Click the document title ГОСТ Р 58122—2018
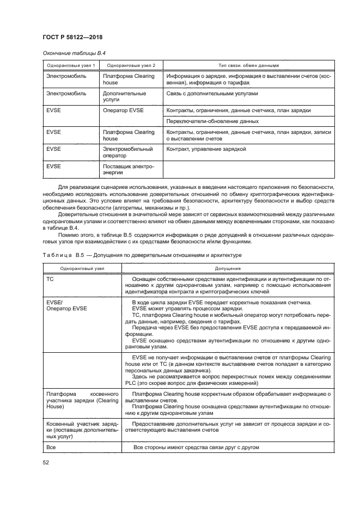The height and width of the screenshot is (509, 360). tap(72, 37)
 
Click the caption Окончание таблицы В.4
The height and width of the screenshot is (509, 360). tap(70, 54)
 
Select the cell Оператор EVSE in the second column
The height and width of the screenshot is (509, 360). tap(123, 111)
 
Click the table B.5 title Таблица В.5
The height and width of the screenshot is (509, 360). tap(60, 255)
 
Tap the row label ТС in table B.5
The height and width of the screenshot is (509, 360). tap(51, 278)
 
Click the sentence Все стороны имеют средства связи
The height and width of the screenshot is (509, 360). tap(196, 447)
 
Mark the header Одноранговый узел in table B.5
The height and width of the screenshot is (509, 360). tap(79, 268)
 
